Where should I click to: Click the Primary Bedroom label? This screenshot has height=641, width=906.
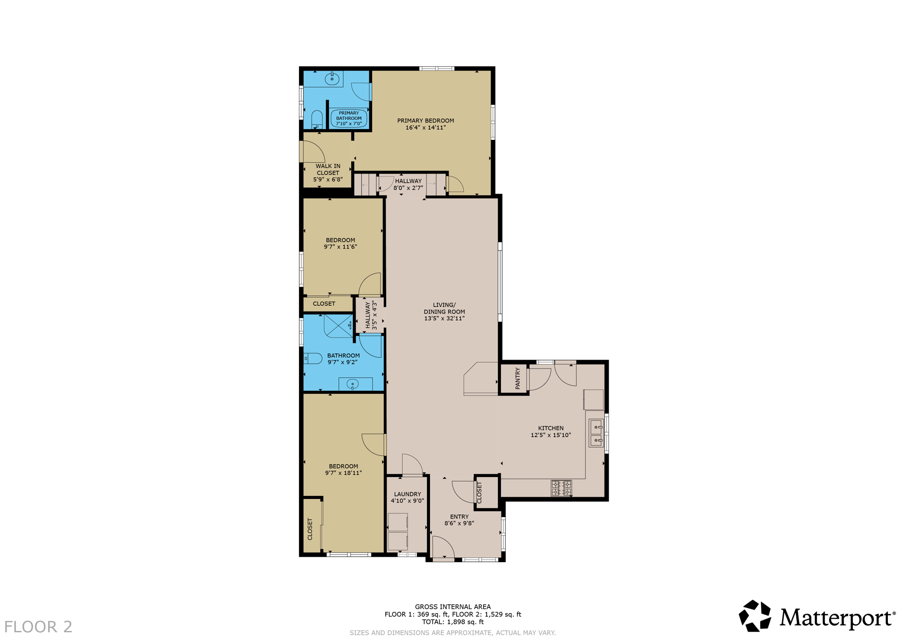[x=425, y=121]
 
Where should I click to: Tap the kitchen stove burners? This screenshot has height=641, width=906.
[x=561, y=488]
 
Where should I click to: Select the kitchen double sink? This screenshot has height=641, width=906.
[x=596, y=434]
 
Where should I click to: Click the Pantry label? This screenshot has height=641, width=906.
[x=518, y=378]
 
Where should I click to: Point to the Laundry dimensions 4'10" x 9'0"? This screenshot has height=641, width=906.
[x=407, y=501]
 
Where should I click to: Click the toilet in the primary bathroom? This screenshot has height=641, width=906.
[x=317, y=119]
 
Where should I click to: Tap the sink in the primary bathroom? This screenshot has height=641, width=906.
[x=332, y=79]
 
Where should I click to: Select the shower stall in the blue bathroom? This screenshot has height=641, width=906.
[x=338, y=326]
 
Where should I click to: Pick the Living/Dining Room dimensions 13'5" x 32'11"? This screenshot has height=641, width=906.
[x=444, y=318]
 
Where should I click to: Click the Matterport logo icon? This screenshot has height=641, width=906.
[x=755, y=615]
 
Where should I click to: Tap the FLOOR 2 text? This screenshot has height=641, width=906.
[x=38, y=626]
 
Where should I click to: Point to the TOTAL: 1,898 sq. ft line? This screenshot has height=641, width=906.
[x=453, y=622]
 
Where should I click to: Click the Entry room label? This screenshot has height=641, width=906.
[x=459, y=516]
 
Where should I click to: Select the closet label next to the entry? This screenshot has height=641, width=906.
[x=480, y=492]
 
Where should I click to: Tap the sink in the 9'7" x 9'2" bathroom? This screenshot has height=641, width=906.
[x=352, y=384]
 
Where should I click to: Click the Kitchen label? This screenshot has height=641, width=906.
[x=550, y=428]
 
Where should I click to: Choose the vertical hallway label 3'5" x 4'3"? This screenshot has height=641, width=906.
[x=371, y=315]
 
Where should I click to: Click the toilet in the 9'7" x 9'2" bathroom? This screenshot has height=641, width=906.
[x=313, y=358]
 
